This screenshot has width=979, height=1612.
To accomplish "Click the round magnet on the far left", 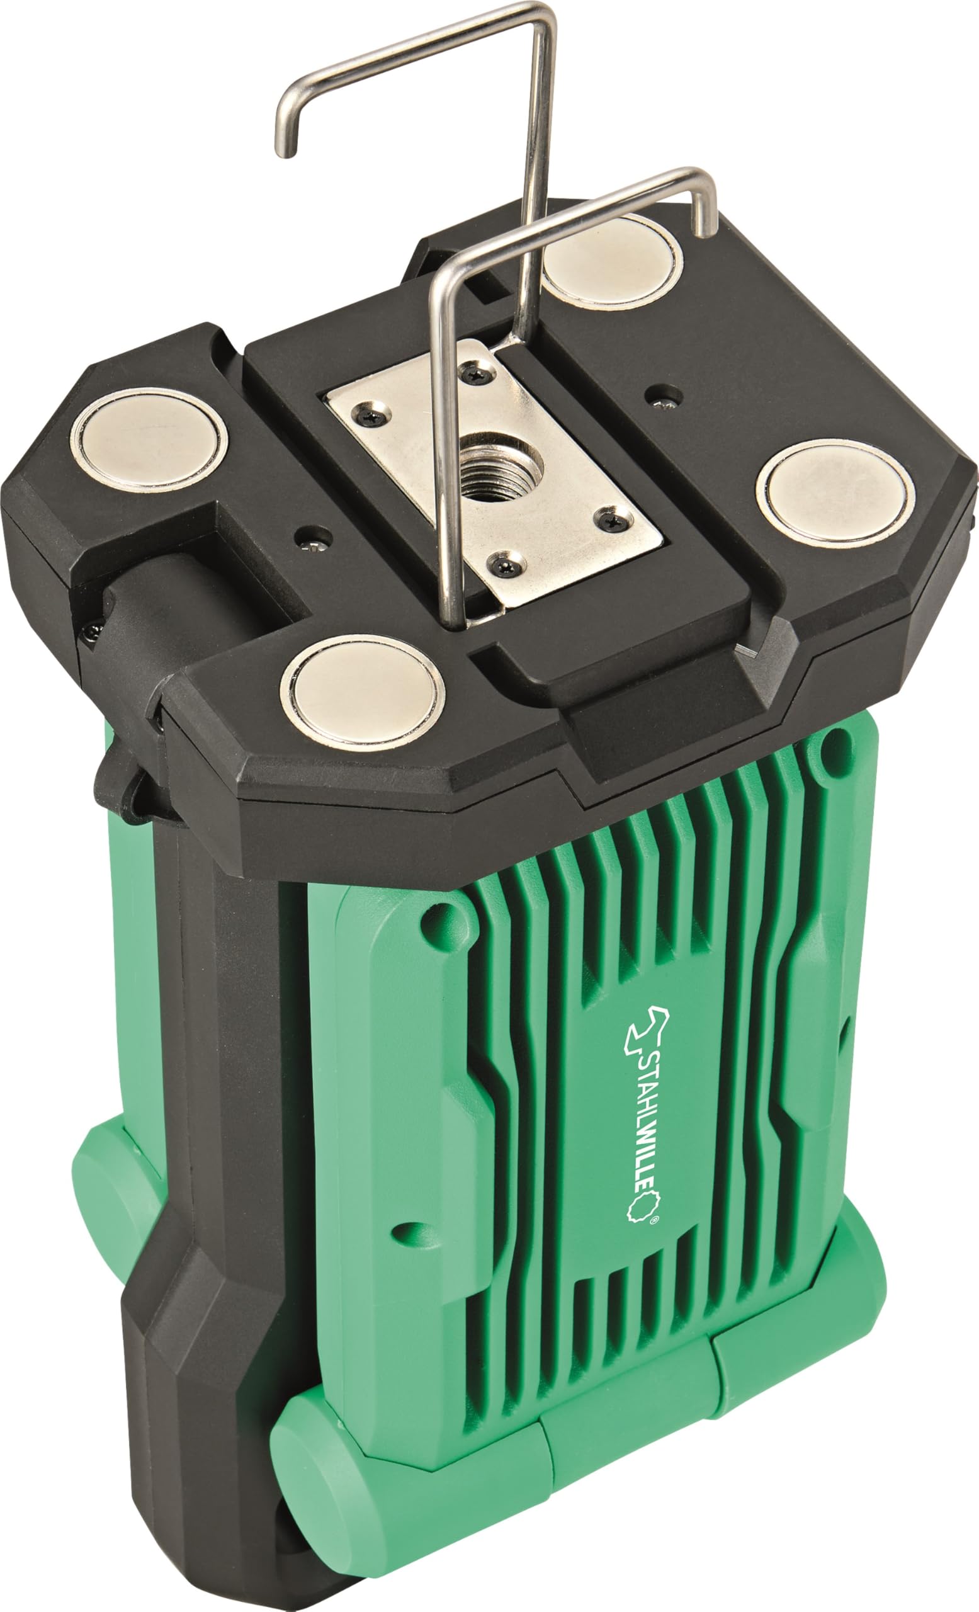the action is [x=149, y=441].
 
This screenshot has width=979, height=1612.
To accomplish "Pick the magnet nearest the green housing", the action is [x=362, y=692].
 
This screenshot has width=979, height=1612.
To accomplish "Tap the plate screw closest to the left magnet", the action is [x=371, y=414].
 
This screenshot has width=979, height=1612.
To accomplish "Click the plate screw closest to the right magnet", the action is [x=614, y=520].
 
